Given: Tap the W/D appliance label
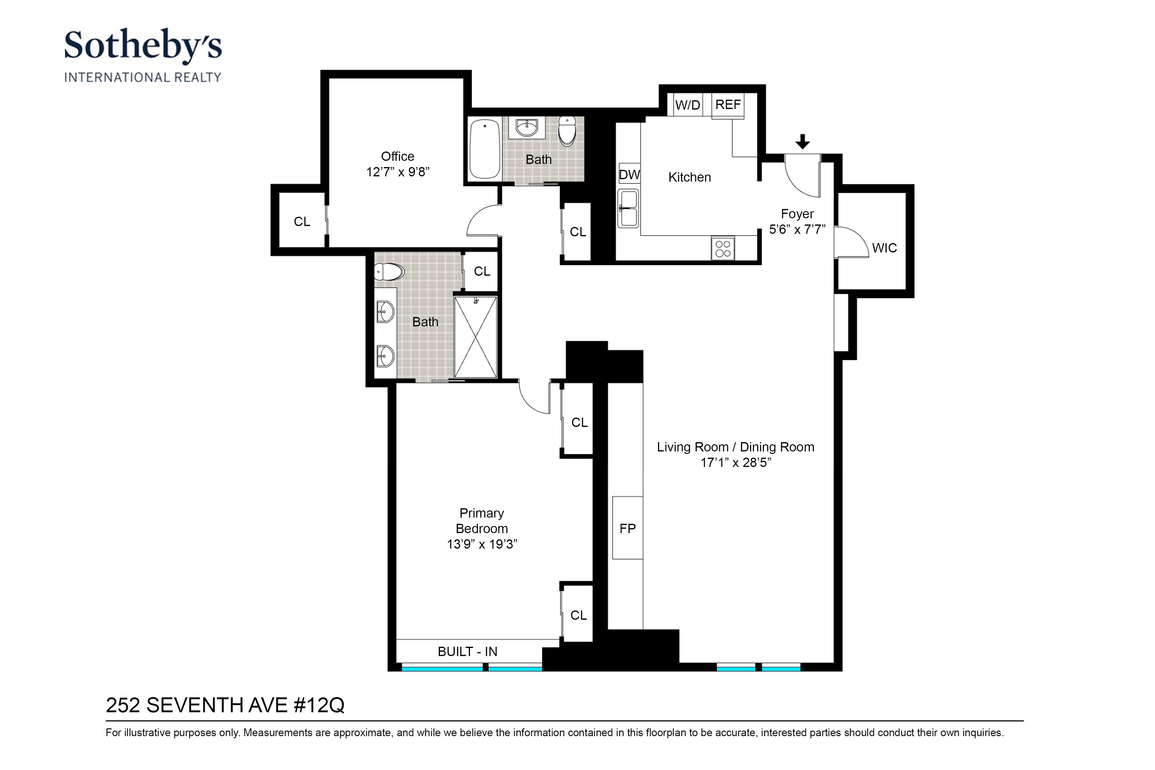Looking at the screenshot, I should pos(687,105).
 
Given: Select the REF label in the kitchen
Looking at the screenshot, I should pos(728,105).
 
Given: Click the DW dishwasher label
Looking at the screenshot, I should pos(629,175).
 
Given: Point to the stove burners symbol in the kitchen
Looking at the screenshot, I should pos(723,248).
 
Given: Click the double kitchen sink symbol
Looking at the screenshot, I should pos(627,209).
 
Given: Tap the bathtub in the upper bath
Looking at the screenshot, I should pos(485,149).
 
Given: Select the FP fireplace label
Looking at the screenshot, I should pos(627,528).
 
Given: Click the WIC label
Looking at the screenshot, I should pos(885,248).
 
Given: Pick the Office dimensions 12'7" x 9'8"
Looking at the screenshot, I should pos(398,172).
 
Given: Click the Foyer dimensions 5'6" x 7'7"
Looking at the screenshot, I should pos(797,229).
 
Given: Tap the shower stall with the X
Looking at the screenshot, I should pos(475,337).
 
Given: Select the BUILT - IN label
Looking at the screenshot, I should pos(468,652).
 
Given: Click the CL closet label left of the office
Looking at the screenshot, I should pos(302,221).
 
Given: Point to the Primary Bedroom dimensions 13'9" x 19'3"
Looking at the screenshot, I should pos(482,544).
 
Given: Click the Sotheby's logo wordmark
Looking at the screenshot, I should pos(143,45).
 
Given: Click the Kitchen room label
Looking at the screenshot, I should pos(690,177).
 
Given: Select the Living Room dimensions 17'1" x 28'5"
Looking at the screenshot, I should pos(736,463).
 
